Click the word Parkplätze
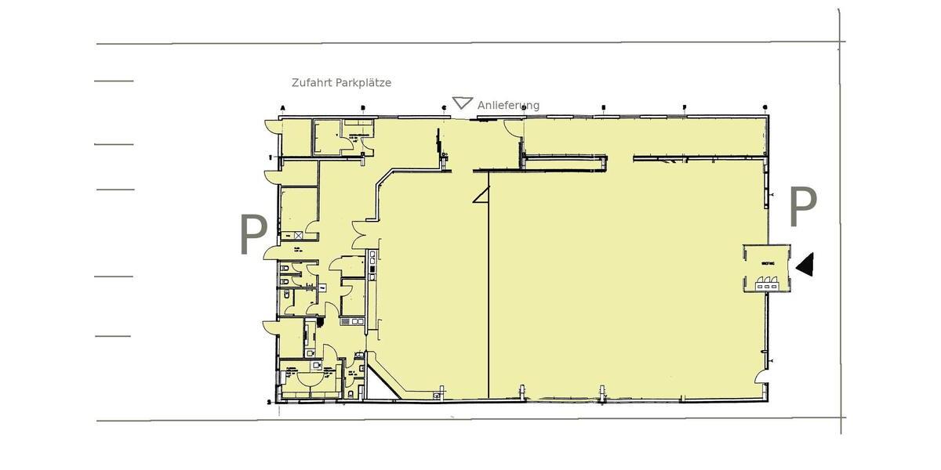point(363,83)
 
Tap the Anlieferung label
point(508,106)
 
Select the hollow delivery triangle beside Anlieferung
point(462,103)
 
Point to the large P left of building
point(253,234)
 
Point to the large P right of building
point(802,207)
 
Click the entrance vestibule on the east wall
point(768,269)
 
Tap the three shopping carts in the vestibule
point(766,287)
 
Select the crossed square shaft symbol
point(298,234)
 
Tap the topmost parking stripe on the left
point(114,81)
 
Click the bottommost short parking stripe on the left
point(113,336)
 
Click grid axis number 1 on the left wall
point(271,157)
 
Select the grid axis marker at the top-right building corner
point(765,107)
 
